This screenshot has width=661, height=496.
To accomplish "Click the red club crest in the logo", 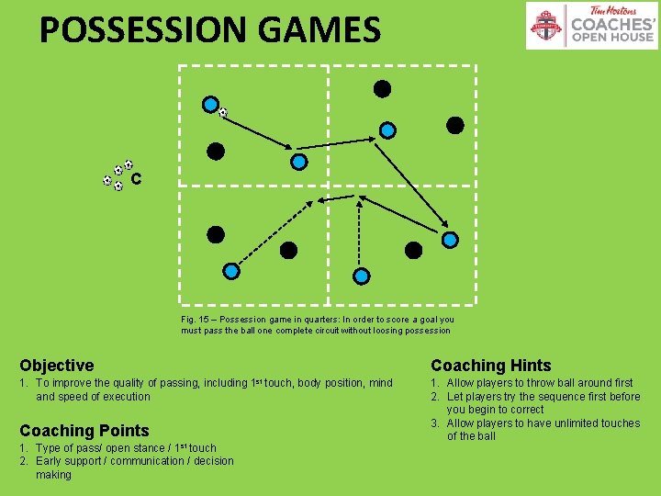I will pos(548,26).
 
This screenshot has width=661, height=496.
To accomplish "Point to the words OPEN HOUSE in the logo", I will pos(612,38).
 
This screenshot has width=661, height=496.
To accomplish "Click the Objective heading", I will pos(57,366).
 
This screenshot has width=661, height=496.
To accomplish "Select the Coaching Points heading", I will pos(84,431).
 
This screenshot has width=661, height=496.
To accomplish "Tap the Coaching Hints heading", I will pos(491,366).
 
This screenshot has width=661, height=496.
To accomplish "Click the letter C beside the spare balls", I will pos(136,179).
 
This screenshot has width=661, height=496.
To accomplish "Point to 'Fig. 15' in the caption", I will pos(196,320).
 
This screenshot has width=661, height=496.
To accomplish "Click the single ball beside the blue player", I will pos(222,112).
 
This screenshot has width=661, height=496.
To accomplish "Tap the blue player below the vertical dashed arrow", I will pos(362,276).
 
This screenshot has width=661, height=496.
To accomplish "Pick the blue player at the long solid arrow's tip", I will pos(450,240).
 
